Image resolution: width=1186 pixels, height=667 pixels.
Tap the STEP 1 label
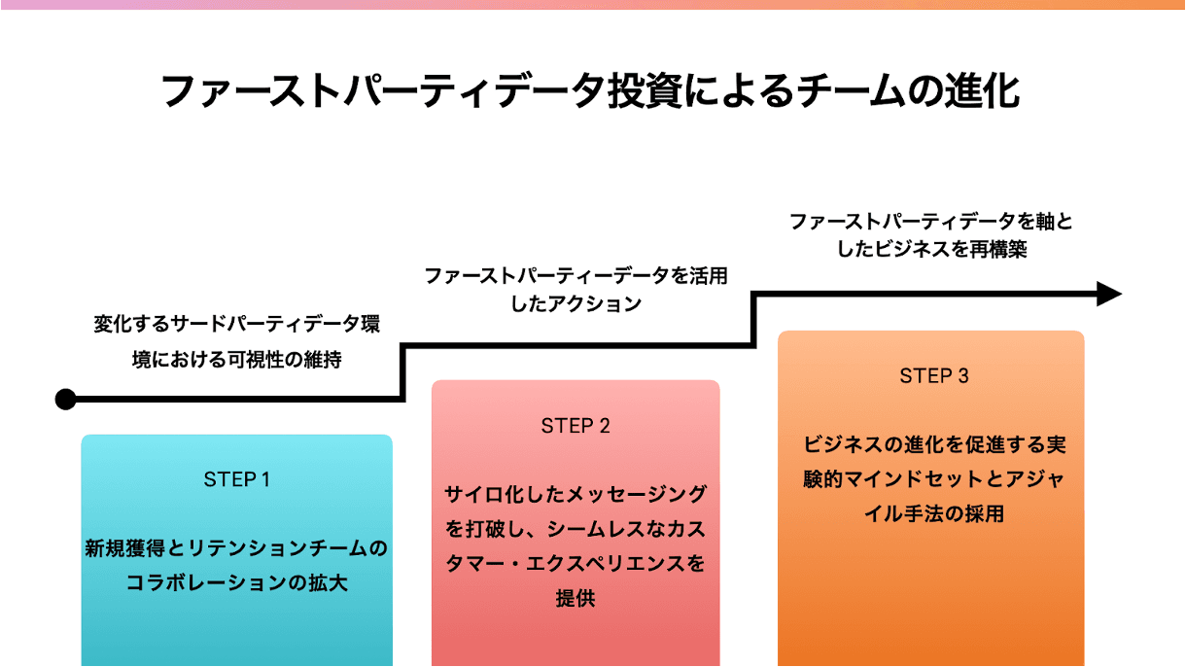click(x=236, y=479)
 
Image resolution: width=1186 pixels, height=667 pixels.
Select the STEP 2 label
click(x=576, y=426)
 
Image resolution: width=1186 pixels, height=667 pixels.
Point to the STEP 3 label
click(x=934, y=376)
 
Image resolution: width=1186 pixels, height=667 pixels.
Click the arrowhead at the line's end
click(x=1109, y=294)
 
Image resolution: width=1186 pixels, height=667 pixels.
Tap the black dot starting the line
click(x=65, y=399)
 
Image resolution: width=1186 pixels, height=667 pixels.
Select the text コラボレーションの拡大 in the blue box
click(x=236, y=583)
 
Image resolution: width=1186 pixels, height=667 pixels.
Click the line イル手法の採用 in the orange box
click(x=934, y=513)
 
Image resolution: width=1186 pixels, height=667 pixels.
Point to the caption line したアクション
click(x=576, y=304)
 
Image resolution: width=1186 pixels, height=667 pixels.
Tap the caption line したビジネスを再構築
click(x=932, y=250)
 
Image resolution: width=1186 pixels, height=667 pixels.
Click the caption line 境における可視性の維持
click(x=236, y=359)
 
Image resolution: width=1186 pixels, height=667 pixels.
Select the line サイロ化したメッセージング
click(x=576, y=493)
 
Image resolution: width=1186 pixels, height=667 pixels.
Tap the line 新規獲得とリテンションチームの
click(x=236, y=549)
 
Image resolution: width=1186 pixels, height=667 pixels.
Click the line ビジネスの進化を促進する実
click(x=934, y=444)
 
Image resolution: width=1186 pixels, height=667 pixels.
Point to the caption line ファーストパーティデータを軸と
click(x=932, y=222)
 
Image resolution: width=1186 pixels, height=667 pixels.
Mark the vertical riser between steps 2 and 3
click(x=754, y=318)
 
